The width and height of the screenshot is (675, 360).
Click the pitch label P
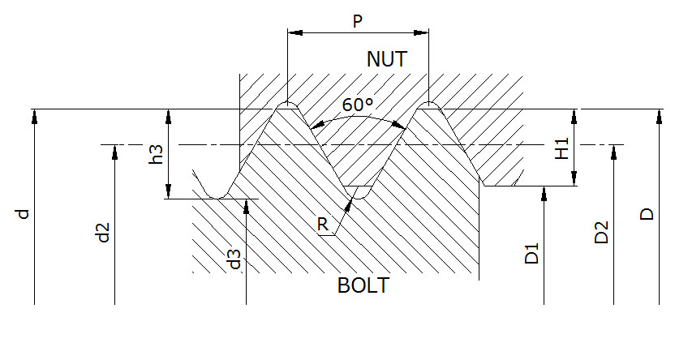pos(357,21)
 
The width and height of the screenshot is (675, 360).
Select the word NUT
pos(386,60)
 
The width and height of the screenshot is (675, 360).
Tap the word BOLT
pos(363,286)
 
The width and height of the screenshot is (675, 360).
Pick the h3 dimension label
pos(157,156)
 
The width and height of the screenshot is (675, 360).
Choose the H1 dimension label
pos(561,148)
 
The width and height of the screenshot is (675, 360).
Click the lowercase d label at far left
pos(24,214)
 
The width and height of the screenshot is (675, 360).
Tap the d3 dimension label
pos(234,260)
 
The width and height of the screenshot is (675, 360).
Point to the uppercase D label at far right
pos(646,214)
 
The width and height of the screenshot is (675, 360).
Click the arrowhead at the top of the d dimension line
pos(35,115)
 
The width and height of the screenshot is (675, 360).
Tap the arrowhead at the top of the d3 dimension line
pos(246,206)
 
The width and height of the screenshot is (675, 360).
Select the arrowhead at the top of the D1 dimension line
pos(544,193)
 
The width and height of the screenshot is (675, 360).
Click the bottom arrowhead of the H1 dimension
pos(574,179)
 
